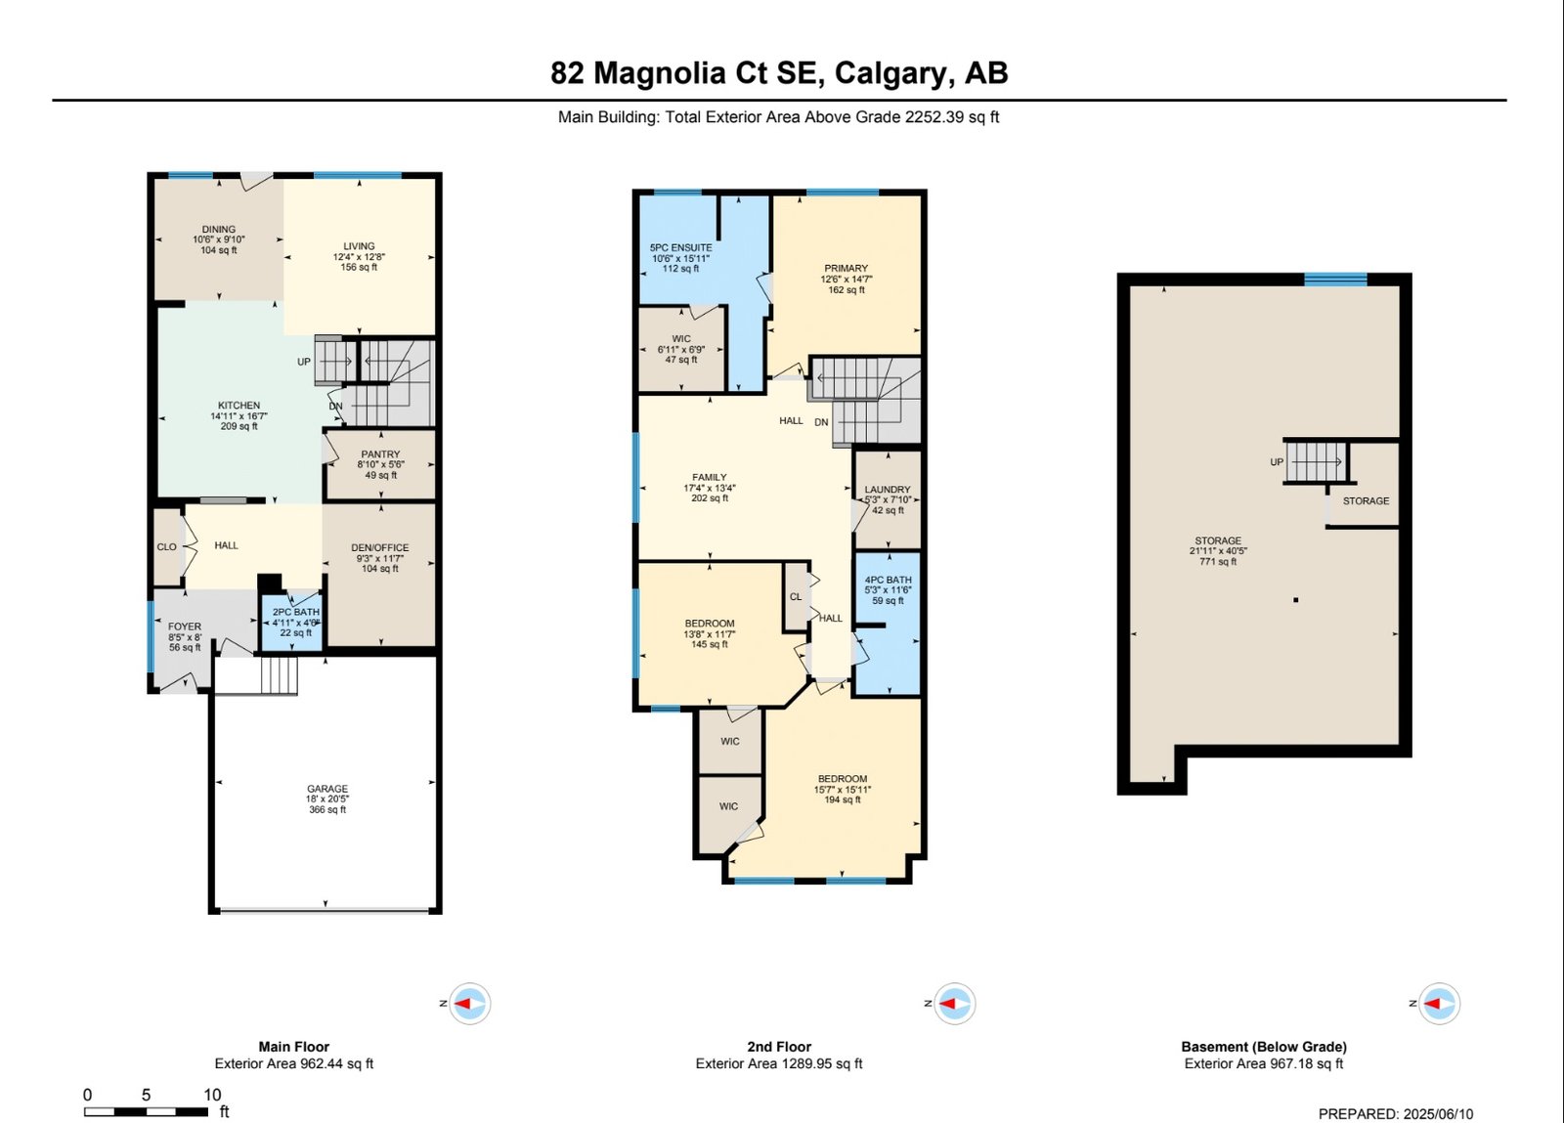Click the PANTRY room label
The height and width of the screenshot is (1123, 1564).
coord(380,454)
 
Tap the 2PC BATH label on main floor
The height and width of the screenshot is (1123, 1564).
coord(296,612)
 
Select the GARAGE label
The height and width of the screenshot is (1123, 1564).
coord(327,789)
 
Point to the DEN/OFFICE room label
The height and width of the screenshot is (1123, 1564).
coord(380,548)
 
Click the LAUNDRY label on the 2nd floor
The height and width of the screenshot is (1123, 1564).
coord(888,490)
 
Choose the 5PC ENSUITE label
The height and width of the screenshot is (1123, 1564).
coord(680,248)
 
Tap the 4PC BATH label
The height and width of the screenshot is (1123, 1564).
coord(888,580)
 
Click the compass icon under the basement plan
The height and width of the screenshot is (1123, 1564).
coord(1439,1004)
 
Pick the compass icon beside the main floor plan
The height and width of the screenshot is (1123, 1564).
coord(469,1004)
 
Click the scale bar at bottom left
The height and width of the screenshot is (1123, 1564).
coord(146,1111)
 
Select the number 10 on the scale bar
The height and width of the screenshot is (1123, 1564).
coord(212,1095)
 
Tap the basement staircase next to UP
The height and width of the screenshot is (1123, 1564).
coord(1316,462)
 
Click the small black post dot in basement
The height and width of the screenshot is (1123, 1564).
coord(1296,599)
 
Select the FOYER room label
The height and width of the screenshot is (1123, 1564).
coord(185,626)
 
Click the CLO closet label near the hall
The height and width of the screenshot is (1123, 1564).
coord(166,547)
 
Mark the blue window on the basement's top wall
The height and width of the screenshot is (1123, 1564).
coord(1335,280)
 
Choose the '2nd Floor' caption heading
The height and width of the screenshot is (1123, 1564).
coord(779,1047)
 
